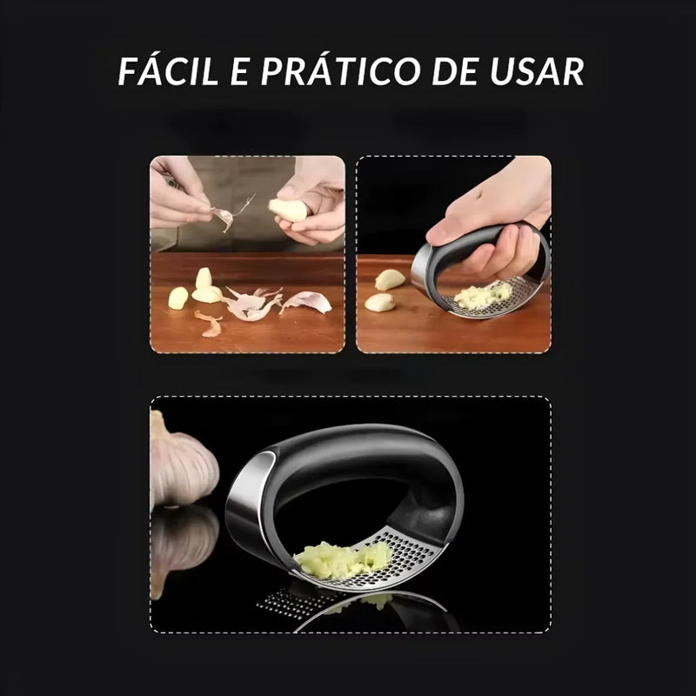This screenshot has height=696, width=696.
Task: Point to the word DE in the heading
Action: point(463,71)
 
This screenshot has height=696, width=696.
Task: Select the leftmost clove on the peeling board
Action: point(177,298)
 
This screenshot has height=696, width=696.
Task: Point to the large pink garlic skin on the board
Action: point(306,302)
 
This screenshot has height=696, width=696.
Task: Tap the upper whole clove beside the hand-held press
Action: point(390,279)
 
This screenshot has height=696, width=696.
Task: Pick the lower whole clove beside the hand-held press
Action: point(379,302)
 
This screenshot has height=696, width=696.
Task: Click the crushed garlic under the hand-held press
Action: point(481,296)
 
